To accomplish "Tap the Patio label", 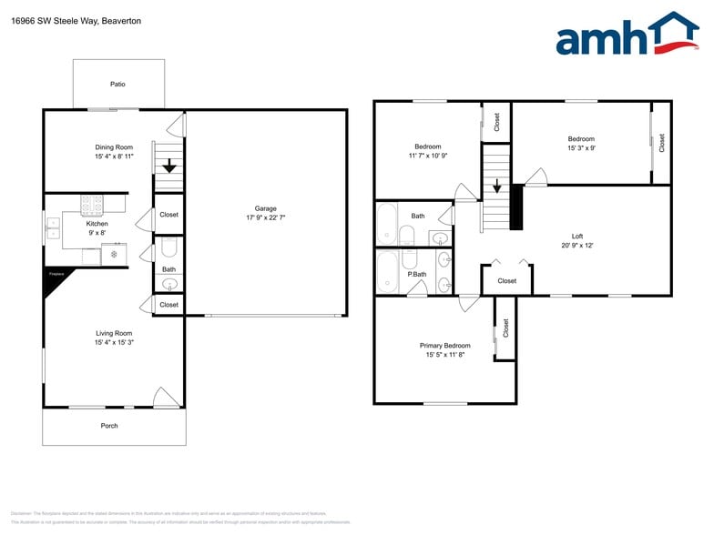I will click(x=117, y=84).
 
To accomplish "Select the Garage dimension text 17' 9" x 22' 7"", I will click(x=266, y=218).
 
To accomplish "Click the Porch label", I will click(x=109, y=426).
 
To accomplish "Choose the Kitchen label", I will click(x=97, y=223).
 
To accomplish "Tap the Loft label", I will click(x=576, y=236).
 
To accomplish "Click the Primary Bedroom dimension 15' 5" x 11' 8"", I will click(x=445, y=356).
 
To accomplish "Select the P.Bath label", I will click(x=417, y=274).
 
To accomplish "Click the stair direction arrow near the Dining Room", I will click(x=168, y=165).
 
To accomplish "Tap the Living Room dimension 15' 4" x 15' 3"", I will click(x=114, y=343).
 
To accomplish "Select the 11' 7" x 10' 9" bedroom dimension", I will click(x=427, y=156).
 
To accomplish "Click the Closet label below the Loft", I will click(x=506, y=281).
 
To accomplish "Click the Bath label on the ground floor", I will click(x=168, y=269).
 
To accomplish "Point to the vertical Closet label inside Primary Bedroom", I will click(x=506, y=328).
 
